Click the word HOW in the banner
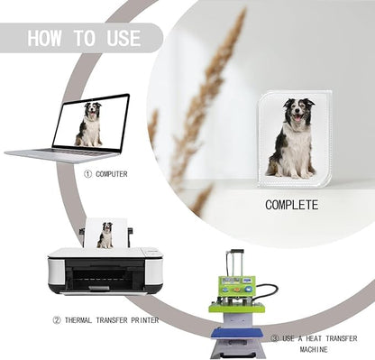tap(44, 38)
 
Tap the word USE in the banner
tap(123, 38)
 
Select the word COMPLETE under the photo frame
tap(291, 205)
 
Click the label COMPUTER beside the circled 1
tap(112, 174)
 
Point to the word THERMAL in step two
tap(78, 320)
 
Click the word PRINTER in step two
tap(145, 320)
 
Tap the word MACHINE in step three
tap(314, 349)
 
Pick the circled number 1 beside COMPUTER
tap(87, 174)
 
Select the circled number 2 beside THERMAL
tap(57, 320)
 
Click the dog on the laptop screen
tap(89, 125)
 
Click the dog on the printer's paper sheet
tap(105, 235)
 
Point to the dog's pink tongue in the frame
tap(297, 118)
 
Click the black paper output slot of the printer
tap(105, 275)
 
